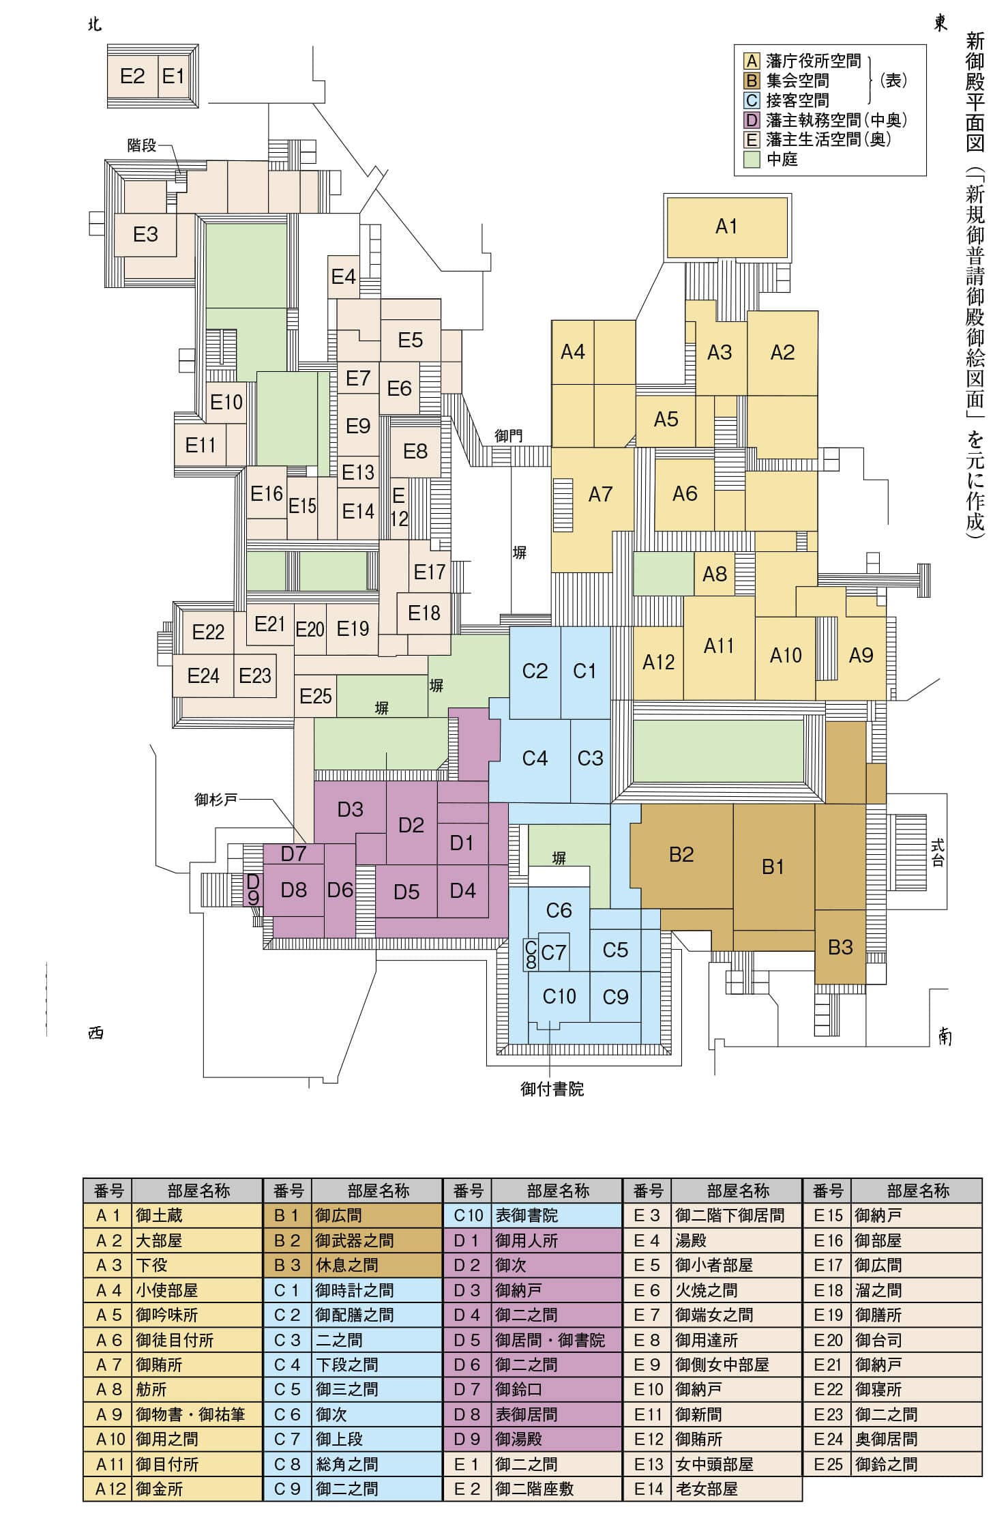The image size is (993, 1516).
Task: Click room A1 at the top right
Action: point(726,227)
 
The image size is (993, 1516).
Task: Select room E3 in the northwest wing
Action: point(145,234)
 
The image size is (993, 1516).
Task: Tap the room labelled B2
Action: point(681,854)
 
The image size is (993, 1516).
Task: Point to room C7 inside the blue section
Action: point(554,952)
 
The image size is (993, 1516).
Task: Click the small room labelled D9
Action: point(253,890)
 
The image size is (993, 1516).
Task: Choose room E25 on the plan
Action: point(315,697)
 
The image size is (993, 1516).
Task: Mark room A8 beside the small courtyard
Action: point(715,574)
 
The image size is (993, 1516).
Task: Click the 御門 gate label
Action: point(509,436)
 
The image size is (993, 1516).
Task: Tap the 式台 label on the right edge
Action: point(938,852)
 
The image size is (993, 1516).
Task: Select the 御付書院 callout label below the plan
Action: point(552,1089)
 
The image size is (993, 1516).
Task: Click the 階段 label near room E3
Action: point(142,145)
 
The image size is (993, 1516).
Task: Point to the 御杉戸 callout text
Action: point(216,799)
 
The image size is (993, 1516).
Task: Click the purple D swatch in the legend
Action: point(752,121)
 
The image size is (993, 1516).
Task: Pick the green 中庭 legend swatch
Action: point(752,160)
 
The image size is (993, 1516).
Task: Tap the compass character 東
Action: point(940,24)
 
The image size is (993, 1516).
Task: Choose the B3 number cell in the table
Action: point(287,1265)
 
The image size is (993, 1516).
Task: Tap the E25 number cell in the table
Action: point(828,1464)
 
